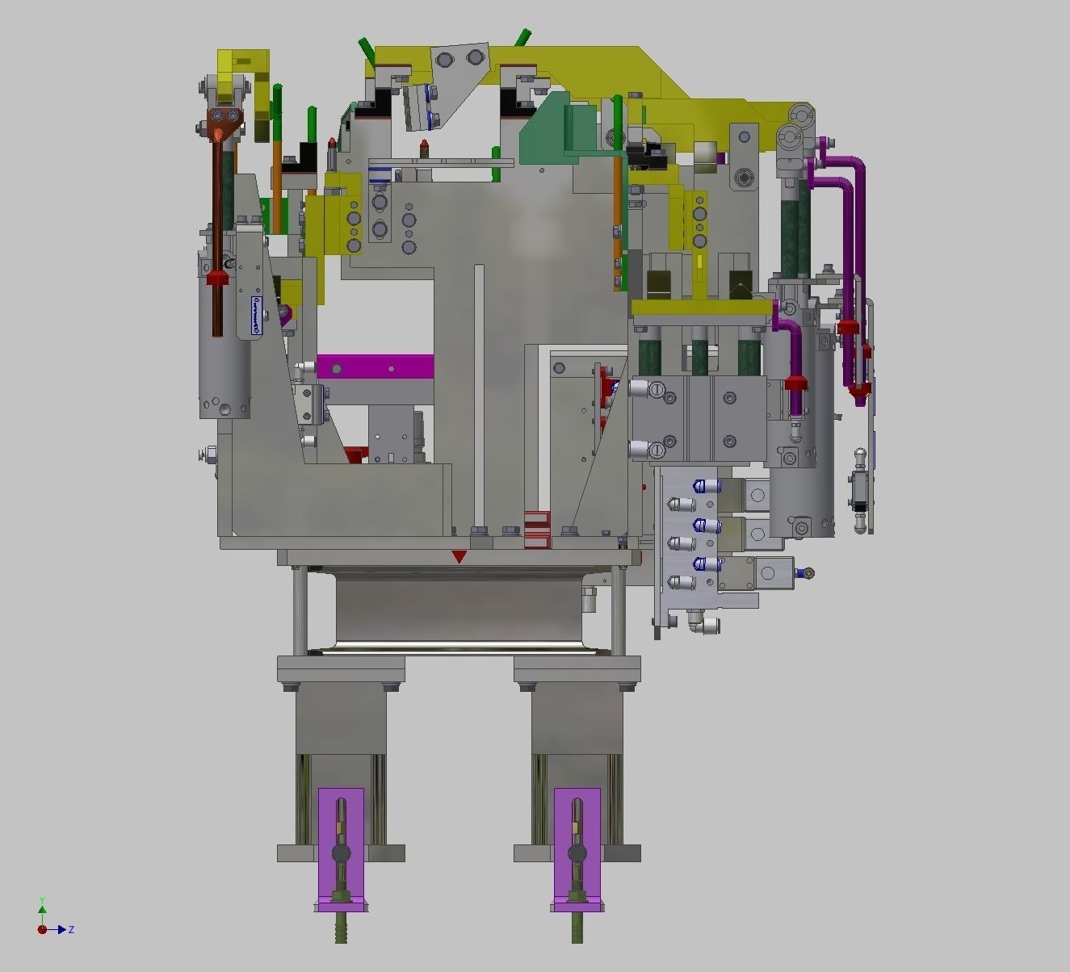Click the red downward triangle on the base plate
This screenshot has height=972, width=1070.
point(459,556)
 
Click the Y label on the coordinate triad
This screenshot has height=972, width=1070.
point(42,900)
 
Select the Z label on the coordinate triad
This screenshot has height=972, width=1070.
point(72,930)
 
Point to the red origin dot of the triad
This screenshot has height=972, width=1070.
point(42,929)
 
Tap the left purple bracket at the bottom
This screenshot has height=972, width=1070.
point(340,848)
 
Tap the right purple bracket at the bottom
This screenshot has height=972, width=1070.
point(577,848)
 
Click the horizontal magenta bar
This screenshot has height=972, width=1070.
point(376,367)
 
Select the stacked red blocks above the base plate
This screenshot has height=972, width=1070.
point(536,529)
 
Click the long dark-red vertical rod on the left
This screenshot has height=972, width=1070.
point(218,226)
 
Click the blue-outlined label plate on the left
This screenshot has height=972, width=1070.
point(257,315)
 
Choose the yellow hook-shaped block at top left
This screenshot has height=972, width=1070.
point(246,81)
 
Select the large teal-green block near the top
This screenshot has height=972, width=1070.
point(557,129)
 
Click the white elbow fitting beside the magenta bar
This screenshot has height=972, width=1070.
point(304,367)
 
